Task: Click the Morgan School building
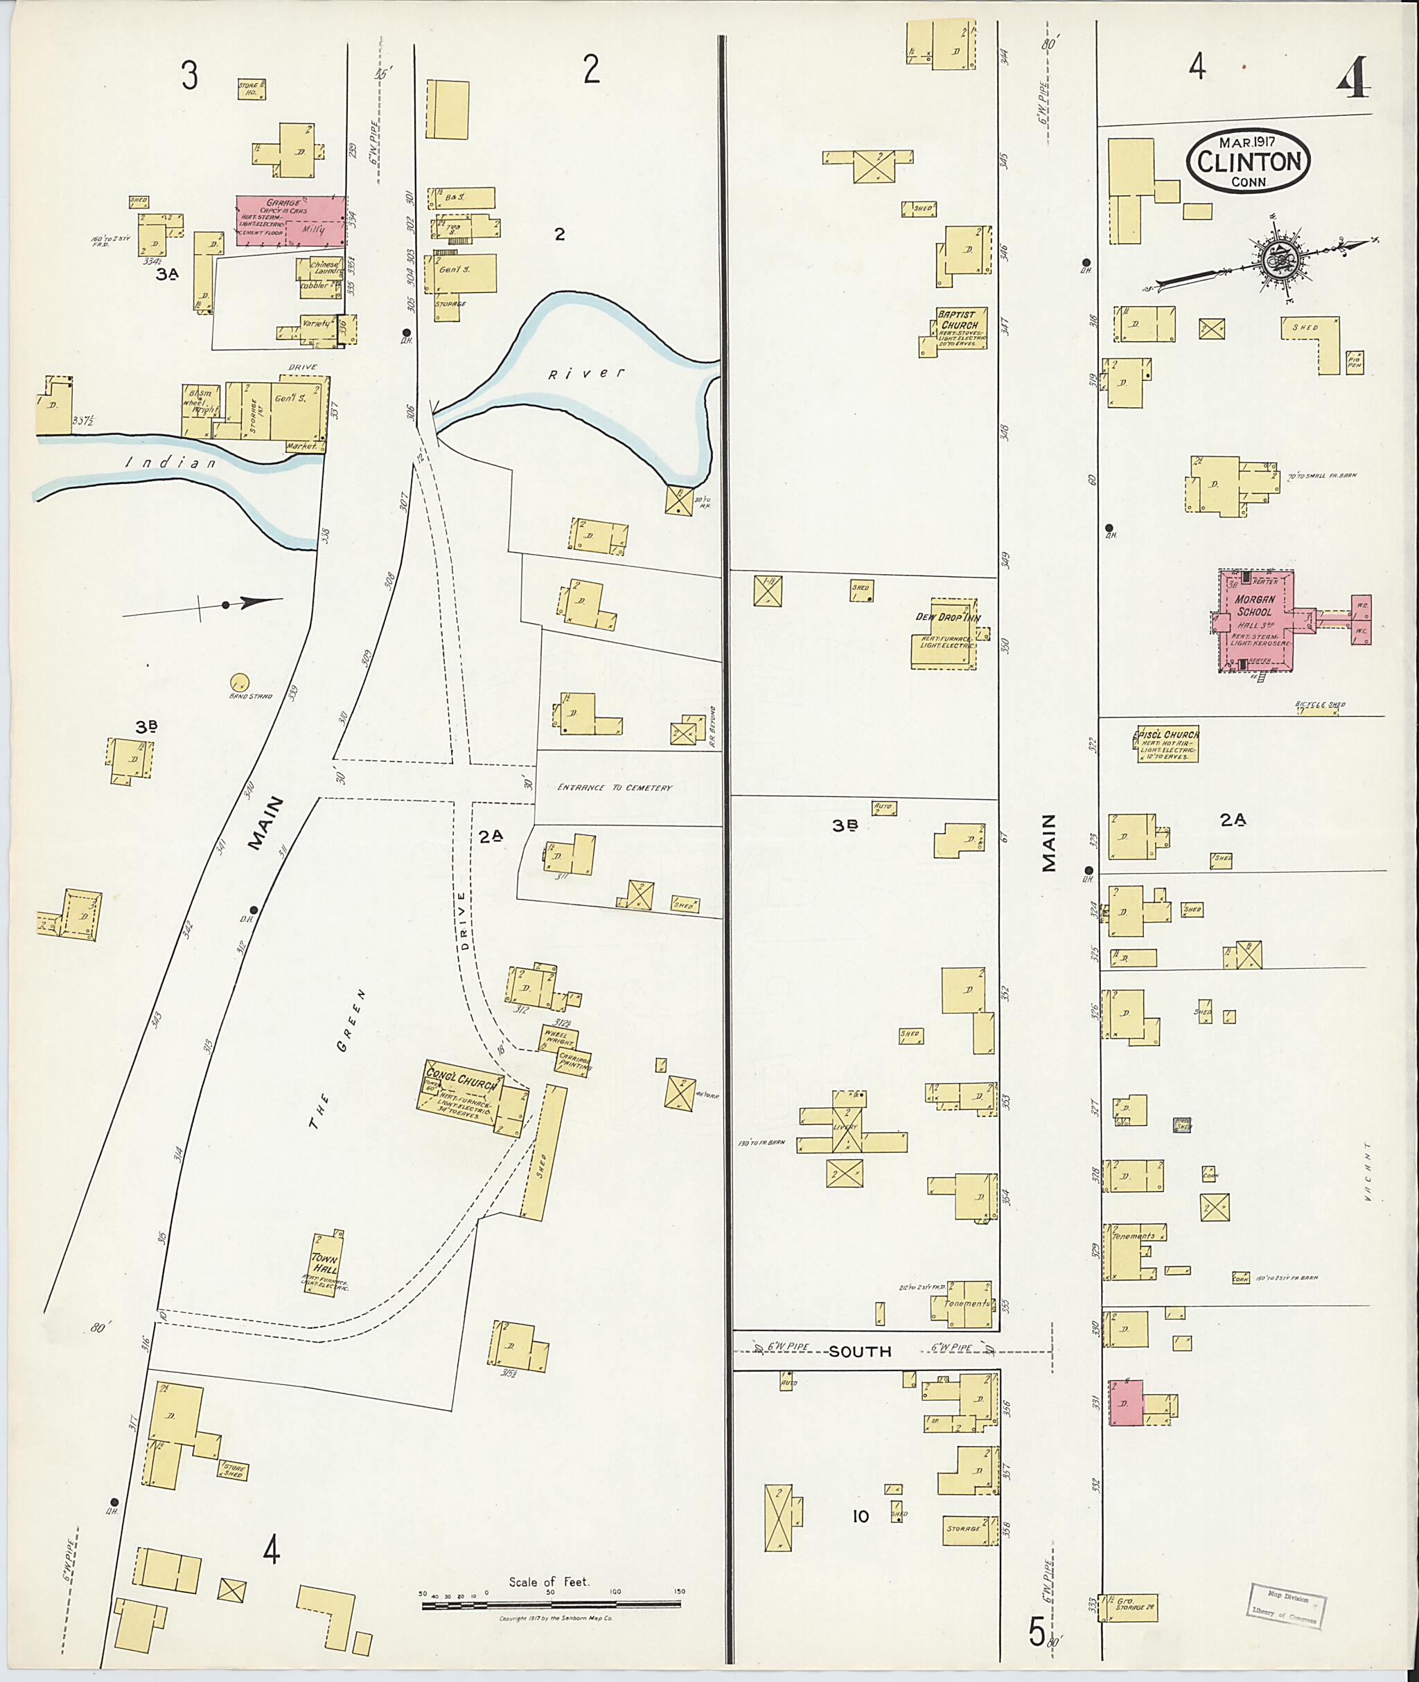[1255, 619]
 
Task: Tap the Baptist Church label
[958, 320]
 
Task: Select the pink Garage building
[290, 220]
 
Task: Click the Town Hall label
[325, 1264]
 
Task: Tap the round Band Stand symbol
[239, 683]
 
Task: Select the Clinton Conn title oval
[1248, 161]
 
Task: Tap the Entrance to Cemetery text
[615, 788]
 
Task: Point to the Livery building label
[845, 1127]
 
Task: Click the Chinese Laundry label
[326, 269]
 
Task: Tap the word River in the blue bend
[586, 374]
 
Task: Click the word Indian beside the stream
[170, 464]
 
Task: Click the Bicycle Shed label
[1319, 705]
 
